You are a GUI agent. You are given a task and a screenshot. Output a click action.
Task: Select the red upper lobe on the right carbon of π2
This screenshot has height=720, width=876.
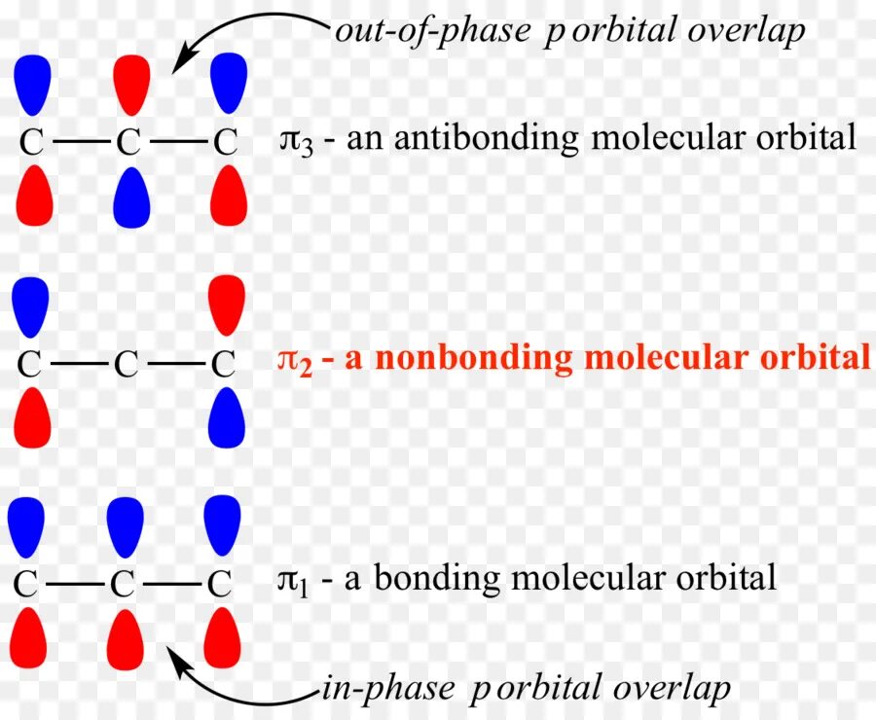pos(227,304)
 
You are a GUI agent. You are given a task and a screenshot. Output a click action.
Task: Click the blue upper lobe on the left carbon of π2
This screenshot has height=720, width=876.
pos(31,304)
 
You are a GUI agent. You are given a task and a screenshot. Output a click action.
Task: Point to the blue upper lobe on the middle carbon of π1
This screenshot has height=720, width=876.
pos(125,522)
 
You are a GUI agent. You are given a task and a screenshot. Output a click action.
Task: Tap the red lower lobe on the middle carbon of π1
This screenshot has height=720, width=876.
pos(125,638)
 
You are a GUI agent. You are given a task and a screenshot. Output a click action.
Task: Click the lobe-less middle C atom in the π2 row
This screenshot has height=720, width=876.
pos(126,364)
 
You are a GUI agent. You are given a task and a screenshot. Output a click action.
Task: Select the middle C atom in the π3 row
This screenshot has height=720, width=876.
pos(128,142)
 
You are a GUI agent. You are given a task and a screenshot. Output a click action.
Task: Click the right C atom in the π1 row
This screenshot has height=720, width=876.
pos(220,584)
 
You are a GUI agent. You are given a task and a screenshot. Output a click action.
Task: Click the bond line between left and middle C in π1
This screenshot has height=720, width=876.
pos(75,584)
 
